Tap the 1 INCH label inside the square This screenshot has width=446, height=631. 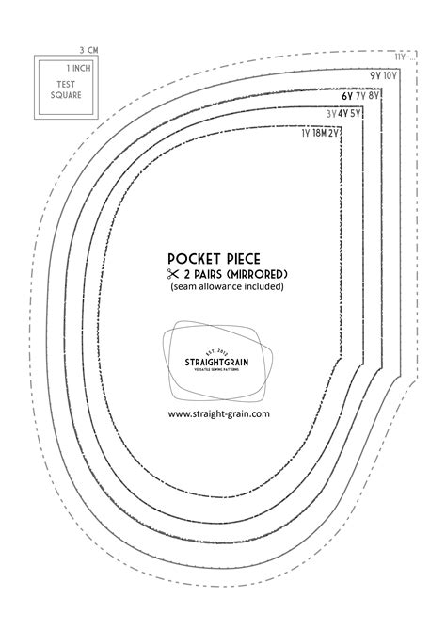[78, 69]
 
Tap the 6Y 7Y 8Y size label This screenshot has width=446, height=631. [362, 95]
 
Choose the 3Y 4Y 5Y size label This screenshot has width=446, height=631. [344, 114]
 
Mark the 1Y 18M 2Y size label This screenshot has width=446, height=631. [319, 133]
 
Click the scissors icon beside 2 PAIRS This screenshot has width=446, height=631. [173, 274]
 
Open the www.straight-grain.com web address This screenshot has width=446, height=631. [219, 413]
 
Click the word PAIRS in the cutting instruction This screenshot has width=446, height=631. [213, 274]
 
